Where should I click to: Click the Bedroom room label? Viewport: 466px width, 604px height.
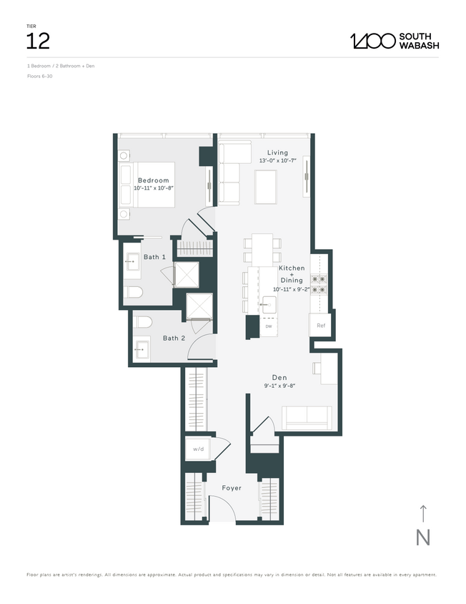pos(154,180)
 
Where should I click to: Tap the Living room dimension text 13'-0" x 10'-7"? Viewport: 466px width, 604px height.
pos(277,161)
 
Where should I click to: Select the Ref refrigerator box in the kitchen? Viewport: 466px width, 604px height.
pos(321,324)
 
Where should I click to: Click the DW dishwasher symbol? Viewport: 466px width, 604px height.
pos(269,326)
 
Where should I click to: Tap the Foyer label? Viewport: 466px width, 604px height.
pos(231,488)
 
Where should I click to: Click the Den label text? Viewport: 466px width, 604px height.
pos(279,377)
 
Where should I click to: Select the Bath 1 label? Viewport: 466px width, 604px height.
pos(154,257)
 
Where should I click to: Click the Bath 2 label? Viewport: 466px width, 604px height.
pos(174,338)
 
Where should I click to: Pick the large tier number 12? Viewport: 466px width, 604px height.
pos(38,41)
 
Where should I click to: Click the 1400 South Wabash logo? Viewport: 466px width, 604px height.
pos(395,41)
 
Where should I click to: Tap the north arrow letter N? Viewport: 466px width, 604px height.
pos(422,537)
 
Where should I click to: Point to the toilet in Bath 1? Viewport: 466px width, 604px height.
pos(133,291)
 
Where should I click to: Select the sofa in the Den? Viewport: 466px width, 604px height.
pos(306,417)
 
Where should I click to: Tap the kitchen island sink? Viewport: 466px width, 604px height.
pos(269,303)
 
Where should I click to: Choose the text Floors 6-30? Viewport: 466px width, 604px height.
pos(39,75)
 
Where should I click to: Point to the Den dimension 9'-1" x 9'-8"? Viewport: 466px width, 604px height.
pos(279,386)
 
